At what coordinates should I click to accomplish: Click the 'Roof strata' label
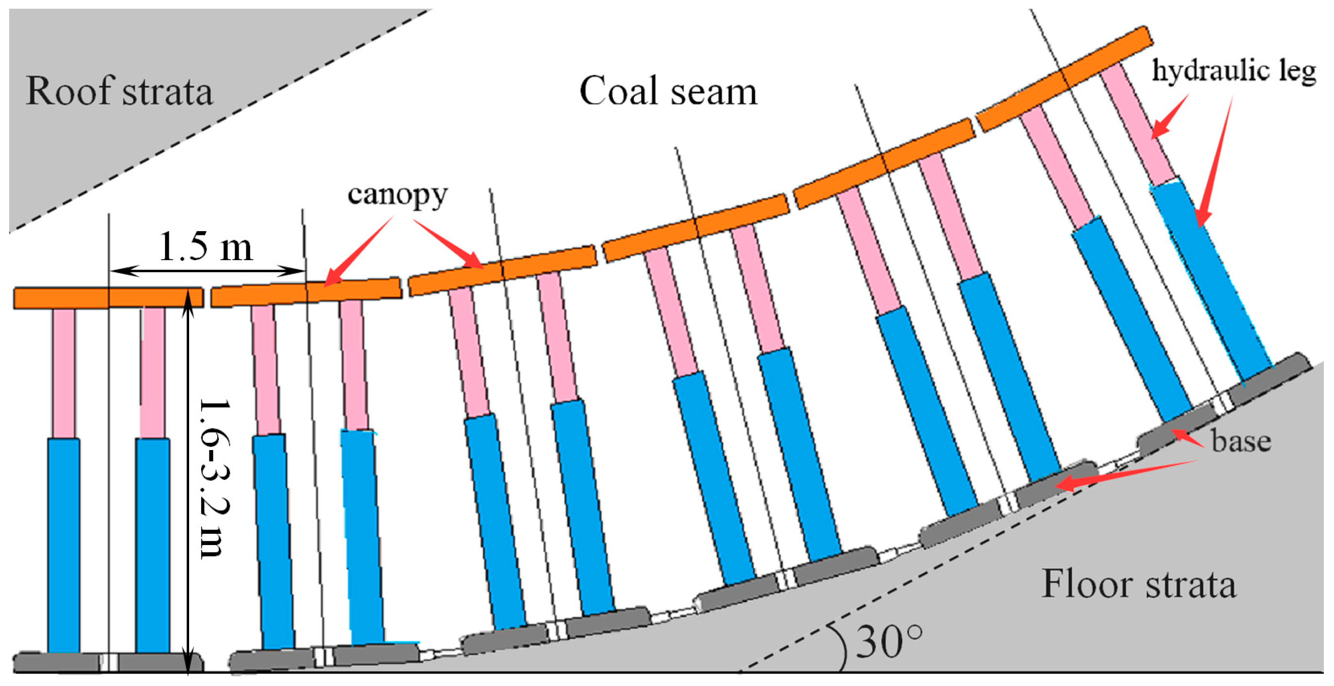119,92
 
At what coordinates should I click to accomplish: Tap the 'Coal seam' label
668,92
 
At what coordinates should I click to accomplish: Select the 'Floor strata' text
1139,584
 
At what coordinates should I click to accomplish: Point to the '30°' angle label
889,642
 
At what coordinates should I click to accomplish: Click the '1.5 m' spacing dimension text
206,247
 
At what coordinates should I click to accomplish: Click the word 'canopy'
397,195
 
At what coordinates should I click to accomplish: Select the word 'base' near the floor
1241,441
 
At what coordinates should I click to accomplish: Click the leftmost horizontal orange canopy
108,298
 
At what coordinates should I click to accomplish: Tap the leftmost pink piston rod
64,373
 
